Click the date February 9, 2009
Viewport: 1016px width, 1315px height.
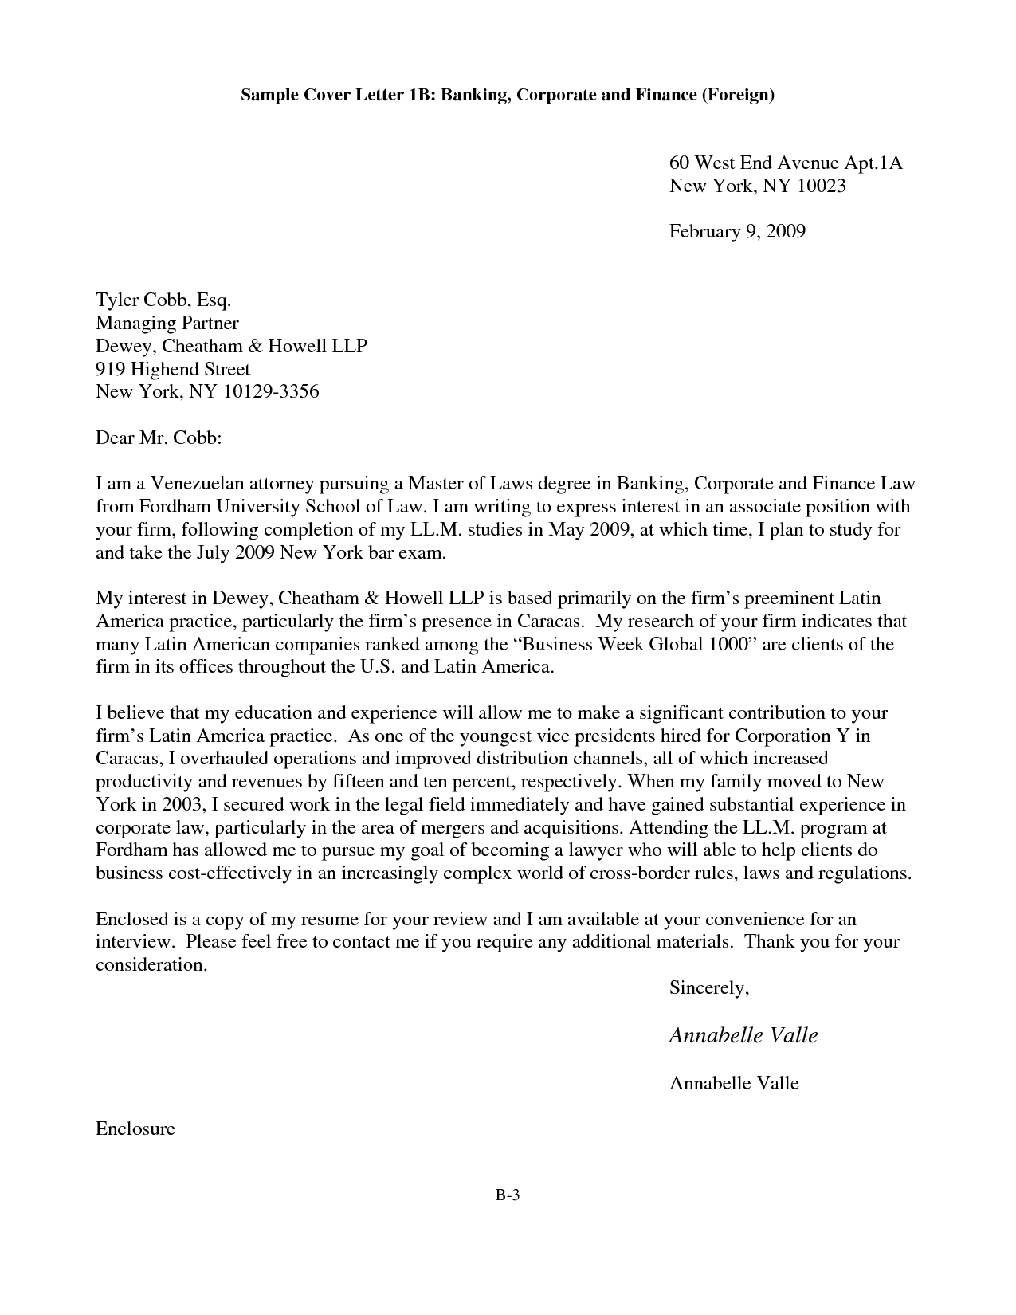(737, 232)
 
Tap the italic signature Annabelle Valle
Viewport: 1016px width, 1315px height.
(743, 1035)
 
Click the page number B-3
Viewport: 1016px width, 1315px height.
(508, 1195)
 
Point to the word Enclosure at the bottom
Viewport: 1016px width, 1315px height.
(135, 1129)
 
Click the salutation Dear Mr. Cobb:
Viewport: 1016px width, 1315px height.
(158, 438)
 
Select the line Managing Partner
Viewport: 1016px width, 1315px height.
(167, 323)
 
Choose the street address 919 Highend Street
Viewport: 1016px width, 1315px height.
(173, 369)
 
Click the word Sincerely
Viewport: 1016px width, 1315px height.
(708, 988)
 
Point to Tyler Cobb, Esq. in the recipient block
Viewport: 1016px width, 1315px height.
(163, 300)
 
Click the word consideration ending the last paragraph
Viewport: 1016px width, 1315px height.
(151, 965)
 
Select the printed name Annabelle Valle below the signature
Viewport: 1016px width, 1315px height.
(734, 1083)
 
